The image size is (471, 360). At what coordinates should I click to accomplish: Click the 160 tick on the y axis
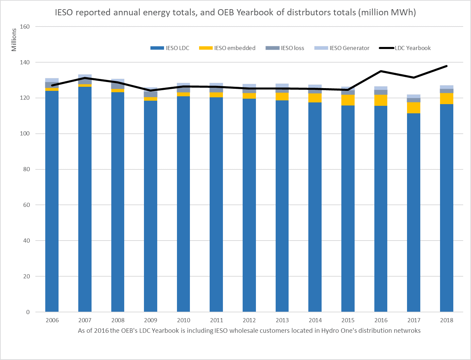25,27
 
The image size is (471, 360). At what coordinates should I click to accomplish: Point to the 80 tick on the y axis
26,169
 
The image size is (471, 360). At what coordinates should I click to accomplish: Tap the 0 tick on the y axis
28,312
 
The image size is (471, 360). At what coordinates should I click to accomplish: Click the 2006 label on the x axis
52,320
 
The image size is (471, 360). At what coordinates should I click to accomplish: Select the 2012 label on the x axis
249,320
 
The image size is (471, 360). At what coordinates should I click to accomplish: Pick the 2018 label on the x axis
446,320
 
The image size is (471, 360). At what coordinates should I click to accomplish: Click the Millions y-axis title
14,40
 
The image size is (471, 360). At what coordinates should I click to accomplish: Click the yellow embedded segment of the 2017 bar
413,108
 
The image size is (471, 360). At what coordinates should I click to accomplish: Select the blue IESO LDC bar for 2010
183,204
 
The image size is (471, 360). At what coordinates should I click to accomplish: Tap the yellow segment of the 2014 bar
315,98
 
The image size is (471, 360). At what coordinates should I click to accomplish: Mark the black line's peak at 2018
446,66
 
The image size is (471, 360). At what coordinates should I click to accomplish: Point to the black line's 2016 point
381,71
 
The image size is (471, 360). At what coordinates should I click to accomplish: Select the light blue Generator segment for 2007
85,76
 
